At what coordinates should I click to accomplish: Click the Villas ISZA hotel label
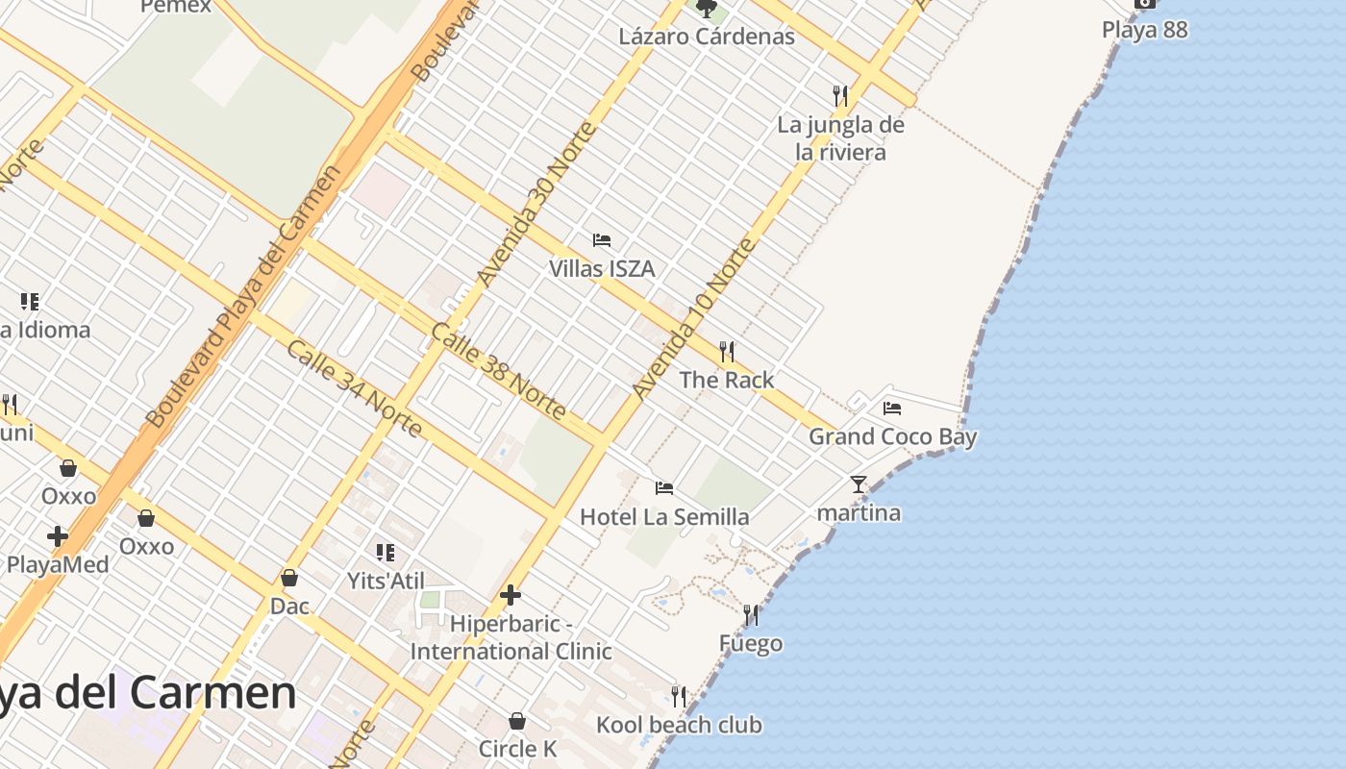pyautogui.click(x=602, y=269)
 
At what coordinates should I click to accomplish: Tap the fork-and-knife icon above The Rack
pyautogui.click(x=727, y=352)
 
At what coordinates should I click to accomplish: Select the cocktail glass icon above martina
pyautogui.click(x=859, y=484)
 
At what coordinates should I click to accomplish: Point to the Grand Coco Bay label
pyautogui.click(x=892, y=437)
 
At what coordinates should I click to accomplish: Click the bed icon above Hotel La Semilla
pyautogui.click(x=664, y=488)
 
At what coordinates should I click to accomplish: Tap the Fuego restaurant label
pyautogui.click(x=751, y=644)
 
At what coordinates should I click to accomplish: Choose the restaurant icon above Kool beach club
pyautogui.click(x=679, y=696)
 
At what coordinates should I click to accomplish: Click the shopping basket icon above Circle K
pyautogui.click(x=517, y=721)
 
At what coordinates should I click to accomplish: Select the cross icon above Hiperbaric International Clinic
pyautogui.click(x=511, y=596)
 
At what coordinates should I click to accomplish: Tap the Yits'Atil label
pyautogui.click(x=386, y=581)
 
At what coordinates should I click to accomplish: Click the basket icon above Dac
pyautogui.click(x=288, y=578)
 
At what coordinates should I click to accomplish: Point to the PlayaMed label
pyautogui.click(x=58, y=565)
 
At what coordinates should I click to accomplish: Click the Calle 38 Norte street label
pyautogui.click(x=498, y=372)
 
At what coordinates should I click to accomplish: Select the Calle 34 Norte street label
pyautogui.click(x=354, y=388)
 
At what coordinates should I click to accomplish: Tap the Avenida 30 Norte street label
pyautogui.click(x=537, y=204)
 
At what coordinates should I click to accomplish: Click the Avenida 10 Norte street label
pyautogui.click(x=693, y=320)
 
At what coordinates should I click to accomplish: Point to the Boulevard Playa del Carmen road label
pyautogui.click(x=244, y=297)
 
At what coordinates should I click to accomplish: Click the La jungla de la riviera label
pyautogui.click(x=840, y=138)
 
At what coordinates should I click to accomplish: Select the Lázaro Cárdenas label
pyautogui.click(x=707, y=37)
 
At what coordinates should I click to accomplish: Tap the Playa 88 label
pyautogui.click(x=1144, y=30)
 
